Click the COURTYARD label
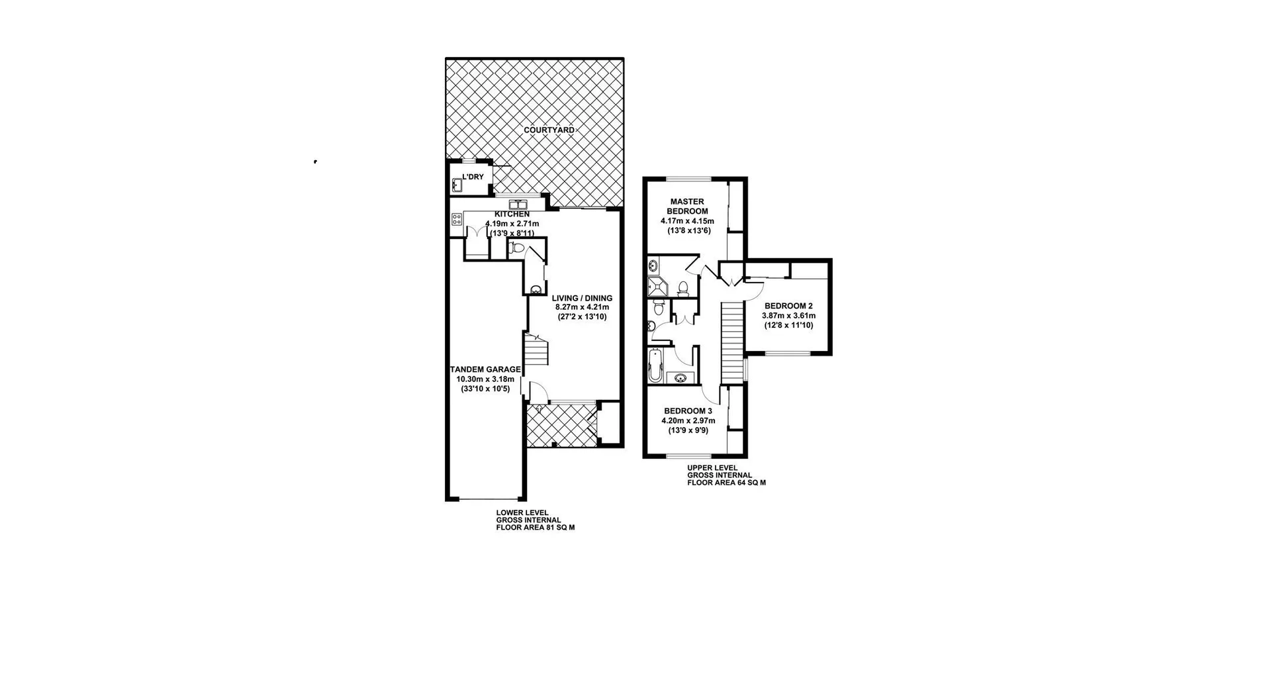click(549, 130)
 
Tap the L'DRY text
click(473, 177)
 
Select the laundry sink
click(457, 185)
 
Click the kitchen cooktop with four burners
click(457, 219)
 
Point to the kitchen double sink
click(517, 205)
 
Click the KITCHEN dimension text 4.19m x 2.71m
click(512, 224)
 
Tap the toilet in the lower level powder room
click(517, 248)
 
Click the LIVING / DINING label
click(582, 298)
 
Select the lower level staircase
click(537, 350)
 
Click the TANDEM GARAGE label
click(485, 369)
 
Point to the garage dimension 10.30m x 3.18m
click(485, 379)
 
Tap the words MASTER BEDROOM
click(687, 206)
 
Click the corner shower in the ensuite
click(658, 287)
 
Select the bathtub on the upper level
click(655, 366)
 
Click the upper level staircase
click(731, 342)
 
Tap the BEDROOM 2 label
click(788, 306)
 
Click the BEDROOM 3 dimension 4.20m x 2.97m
click(688, 420)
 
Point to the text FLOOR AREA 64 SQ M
click(726, 483)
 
